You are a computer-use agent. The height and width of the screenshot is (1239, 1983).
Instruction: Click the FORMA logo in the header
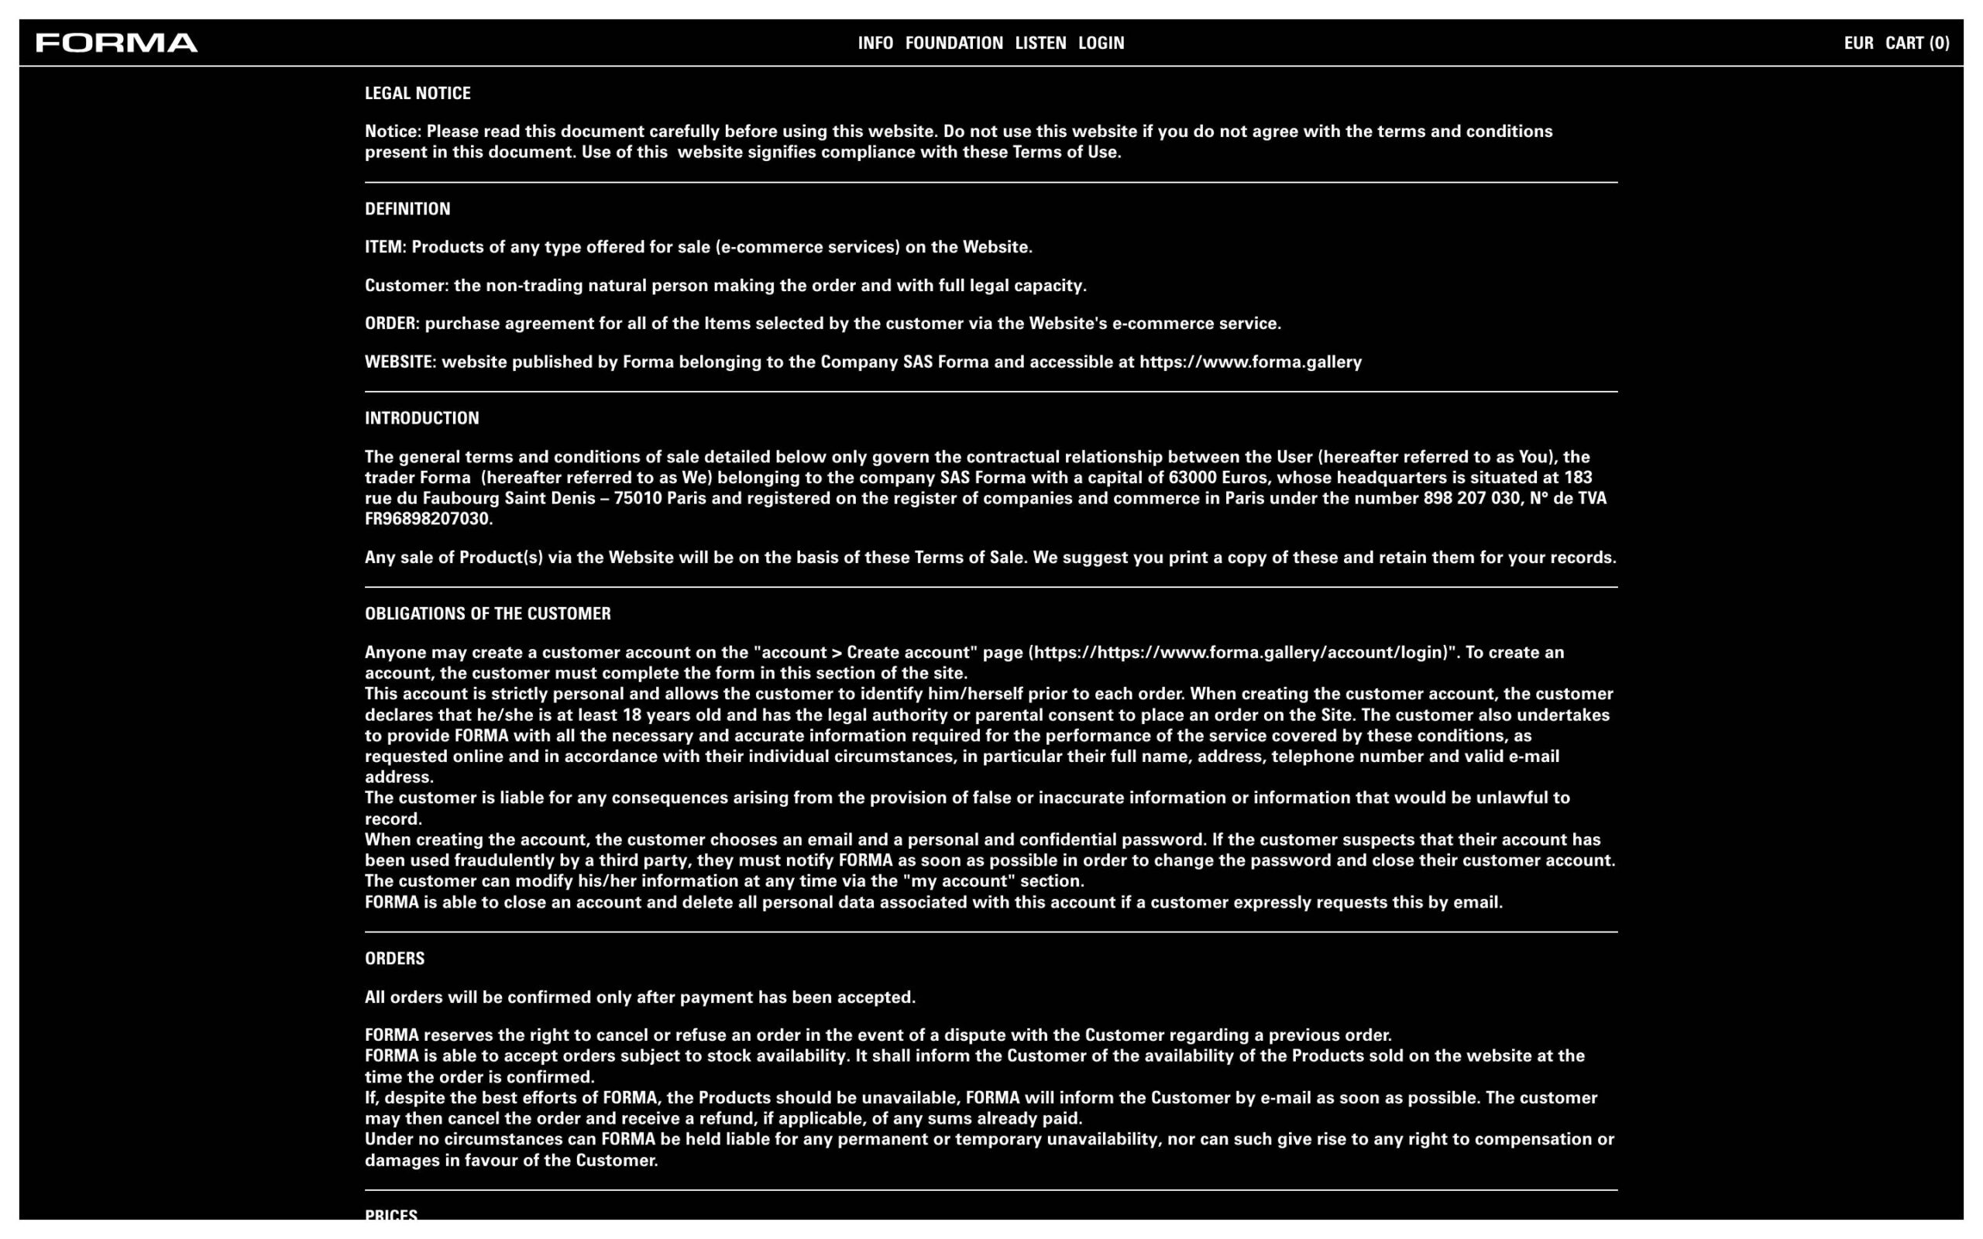click(116, 43)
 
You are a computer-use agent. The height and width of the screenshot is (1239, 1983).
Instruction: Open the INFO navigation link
click(875, 43)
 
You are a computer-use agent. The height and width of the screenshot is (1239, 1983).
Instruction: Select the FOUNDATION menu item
click(954, 43)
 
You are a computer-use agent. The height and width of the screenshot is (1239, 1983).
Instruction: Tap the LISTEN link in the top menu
click(1040, 43)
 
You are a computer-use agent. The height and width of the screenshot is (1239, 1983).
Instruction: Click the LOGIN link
click(1101, 43)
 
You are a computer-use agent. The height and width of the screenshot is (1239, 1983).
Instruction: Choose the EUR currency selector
click(1858, 43)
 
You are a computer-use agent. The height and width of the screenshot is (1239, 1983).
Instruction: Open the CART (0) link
click(1916, 43)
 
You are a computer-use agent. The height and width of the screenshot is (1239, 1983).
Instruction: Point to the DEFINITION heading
click(407, 209)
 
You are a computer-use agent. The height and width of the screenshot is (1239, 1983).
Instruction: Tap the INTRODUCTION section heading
click(421, 419)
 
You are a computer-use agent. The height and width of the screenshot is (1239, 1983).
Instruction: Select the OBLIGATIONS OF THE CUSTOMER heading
click(487, 615)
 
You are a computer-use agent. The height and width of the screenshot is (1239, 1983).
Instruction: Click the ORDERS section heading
click(394, 959)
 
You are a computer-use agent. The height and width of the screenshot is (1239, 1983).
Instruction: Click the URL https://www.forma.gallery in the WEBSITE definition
click(1249, 362)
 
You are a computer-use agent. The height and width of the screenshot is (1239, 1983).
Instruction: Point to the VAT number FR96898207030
click(428, 520)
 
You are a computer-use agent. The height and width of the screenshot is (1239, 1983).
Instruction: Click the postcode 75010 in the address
click(638, 499)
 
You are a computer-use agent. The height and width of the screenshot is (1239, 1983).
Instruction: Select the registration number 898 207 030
click(1471, 499)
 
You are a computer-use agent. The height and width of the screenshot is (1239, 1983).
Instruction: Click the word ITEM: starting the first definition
click(385, 248)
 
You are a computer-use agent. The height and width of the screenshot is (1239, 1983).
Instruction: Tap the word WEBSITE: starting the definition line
click(400, 362)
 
